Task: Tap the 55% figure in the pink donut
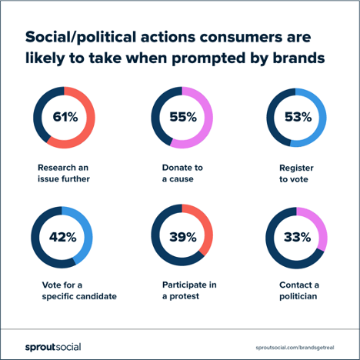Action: [x=183, y=118]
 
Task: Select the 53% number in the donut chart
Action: [x=298, y=118]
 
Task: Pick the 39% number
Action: [x=183, y=237]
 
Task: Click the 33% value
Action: [x=298, y=237]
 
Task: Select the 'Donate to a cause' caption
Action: [x=182, y=172]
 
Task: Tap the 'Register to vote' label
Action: [x=296, y=172]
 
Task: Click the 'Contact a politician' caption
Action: [x=298, y=291]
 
